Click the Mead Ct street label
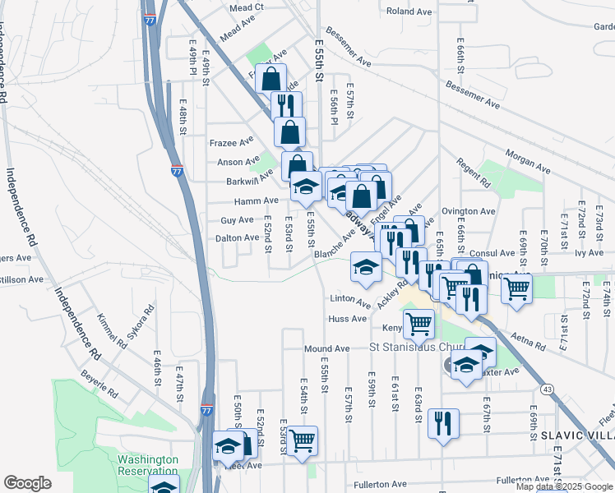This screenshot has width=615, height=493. click(246, 7)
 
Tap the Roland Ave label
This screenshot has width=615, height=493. click(409, 12)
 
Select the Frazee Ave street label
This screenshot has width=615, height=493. click(229, 142)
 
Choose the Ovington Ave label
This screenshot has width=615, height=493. click(468, 211)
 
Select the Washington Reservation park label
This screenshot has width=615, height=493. click(147, 465)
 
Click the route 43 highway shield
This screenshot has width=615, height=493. click(546, 388)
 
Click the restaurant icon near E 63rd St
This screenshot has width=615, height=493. click(443, 422)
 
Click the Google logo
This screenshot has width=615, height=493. click(27, 483)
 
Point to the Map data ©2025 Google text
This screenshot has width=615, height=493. click(563, 486)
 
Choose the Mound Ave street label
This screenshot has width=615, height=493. click(326, 348)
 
